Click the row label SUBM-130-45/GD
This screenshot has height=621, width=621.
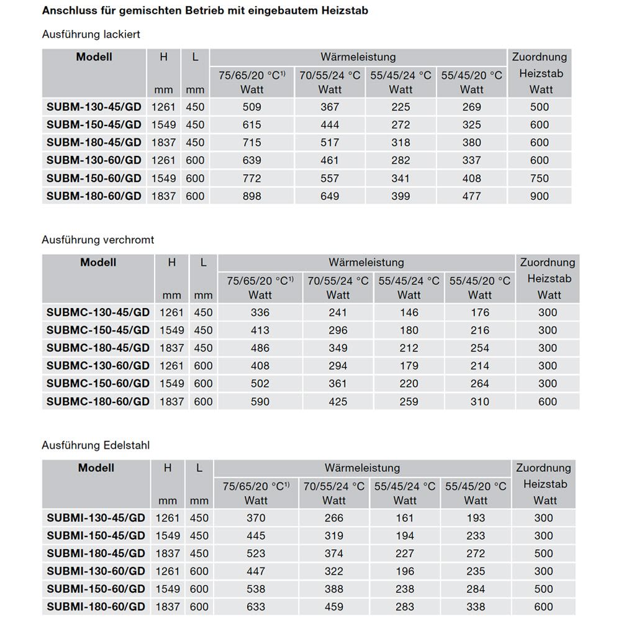pyautogui.click(x=94, y=107)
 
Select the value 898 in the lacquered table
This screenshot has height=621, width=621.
pyautogui.click(x=252, y=196)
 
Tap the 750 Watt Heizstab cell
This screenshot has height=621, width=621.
pyautogui.click(x=540, y=178)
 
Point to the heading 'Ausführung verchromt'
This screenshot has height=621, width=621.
pyautogui.click(x=98, y=239)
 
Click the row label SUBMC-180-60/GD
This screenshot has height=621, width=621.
pyautogui.click(x=98, y=402)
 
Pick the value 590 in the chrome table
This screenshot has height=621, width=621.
pyautogui.click(x=260, y=402)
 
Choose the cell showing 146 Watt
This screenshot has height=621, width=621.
pyautogui.click(x=409, y=312)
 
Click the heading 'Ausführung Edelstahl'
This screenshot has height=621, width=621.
pyautogui.click(x=96, y=445)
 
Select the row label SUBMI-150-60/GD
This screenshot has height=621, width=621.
pyautogui.click(x=96, y=589)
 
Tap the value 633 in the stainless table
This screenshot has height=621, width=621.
pyautogui.click(x=255, y=607)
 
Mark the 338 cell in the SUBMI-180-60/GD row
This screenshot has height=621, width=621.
pyautogui.click(x=476, y=607)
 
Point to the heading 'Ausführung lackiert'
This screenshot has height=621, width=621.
pyautogui.click(x=91, y=34)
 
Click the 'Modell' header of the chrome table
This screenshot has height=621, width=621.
pyautogui.click(x=98, y=262)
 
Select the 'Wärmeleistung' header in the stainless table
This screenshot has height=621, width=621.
pyautogui.click(x=362, y=468)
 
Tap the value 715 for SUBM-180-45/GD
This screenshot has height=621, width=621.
pyautogui.click(x=252, y=142)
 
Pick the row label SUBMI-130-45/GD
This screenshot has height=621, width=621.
pyautogui.click(x=96, y=518)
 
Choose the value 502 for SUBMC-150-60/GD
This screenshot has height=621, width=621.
pyautogui.click(x=260, y=384)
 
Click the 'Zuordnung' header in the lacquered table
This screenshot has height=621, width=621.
pyautogui.click(x=540, y=57)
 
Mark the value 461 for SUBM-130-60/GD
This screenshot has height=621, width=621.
pyautogui.click(x=330, y=160)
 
